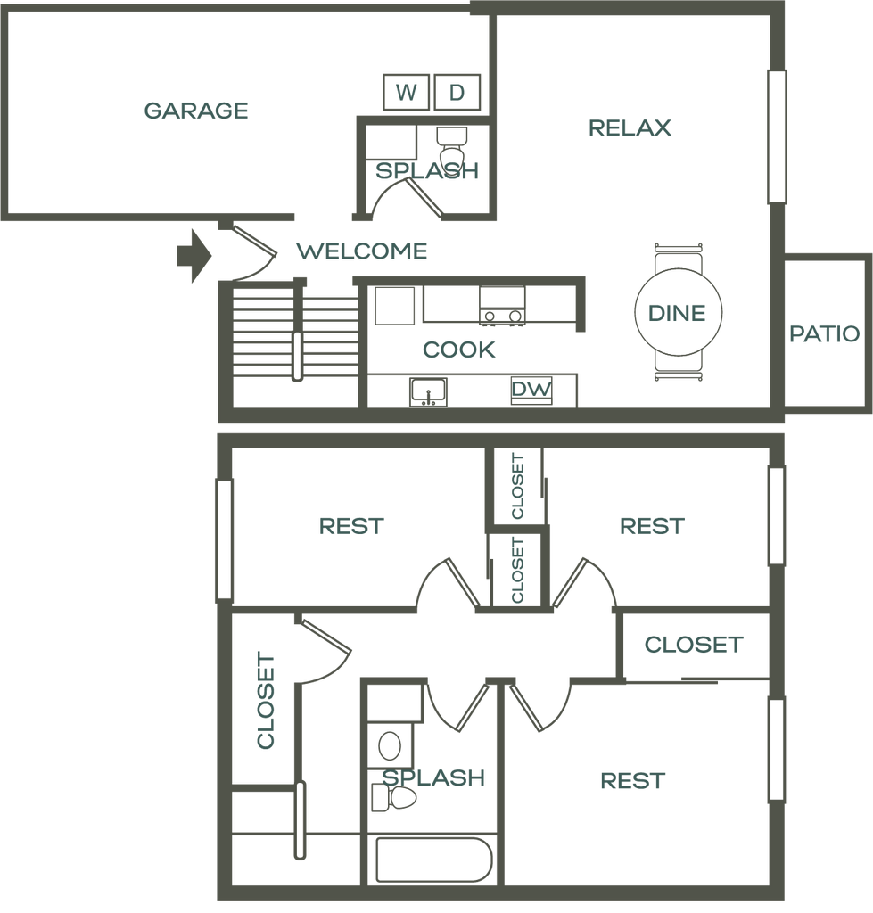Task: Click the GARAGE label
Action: point(196,111)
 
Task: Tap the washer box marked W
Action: point(406,92)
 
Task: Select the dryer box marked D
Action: point(457,92)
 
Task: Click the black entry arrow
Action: point(194,256)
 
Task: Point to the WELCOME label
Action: point(362,251)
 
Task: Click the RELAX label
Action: point(630,127)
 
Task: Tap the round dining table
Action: point(678,312)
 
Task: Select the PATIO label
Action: point(824,333)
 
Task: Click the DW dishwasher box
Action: point(531,389)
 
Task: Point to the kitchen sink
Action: point(428,392)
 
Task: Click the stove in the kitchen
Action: point(502,305)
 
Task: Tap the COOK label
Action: point(459,350)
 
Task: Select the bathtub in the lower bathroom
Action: point(434,860)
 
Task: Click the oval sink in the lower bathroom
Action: point(390,746)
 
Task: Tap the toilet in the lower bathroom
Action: point(393,797)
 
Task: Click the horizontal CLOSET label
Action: point(694,644)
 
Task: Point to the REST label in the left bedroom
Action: point(351,526)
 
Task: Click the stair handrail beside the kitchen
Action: point(298,357)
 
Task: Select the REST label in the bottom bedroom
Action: point(632,780)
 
